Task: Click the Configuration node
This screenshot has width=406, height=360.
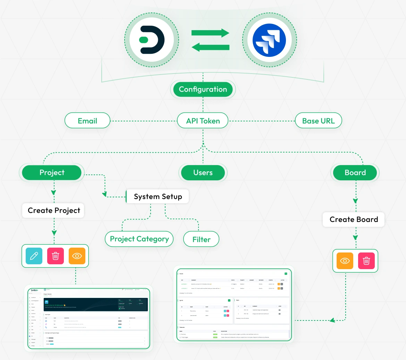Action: pyautogui.click(x=203, y=89)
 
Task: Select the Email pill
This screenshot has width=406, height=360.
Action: pyautogui.click(x=87, y=121)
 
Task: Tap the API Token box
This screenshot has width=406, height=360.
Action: pyautogui.click(x=203, y=121)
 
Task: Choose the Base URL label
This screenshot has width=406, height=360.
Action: pyautogui.click(x=318, y=121)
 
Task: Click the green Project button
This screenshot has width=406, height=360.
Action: pyautogui.click(x=52, y=172)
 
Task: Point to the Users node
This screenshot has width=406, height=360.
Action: pyautogui.click(x=203, y=172)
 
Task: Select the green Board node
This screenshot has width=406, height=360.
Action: pyautogui.click(x=355, y=172)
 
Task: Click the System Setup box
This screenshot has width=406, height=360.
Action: pyautogui.click(x=158, y=197)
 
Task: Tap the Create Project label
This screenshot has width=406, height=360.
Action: pyautogui.click(x=54, y=211)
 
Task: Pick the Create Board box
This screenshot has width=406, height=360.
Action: pyautogui.click(x=354, y=220)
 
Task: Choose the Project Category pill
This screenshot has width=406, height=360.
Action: pyautogui.click(x=139, y=239)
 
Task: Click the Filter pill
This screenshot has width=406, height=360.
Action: pyautogui.click(x=201, y=239)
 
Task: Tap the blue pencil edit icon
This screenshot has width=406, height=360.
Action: pyautogui.click(x=34, y=256)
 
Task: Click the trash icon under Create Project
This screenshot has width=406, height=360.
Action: pyautogui.click(x=56, y=256)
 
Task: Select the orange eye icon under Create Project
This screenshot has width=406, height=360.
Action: pyautogui.click(x=77, y=256)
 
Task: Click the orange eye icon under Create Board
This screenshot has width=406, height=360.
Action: pyautogui.click(x=345, y=261)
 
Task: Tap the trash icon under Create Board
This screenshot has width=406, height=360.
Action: pyautogui.click(x=366, y=261)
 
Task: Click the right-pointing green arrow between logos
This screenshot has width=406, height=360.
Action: pyautogui.click(x=210, y=33)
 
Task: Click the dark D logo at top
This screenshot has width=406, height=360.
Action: pyautogui.click(x=152, y=39)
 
